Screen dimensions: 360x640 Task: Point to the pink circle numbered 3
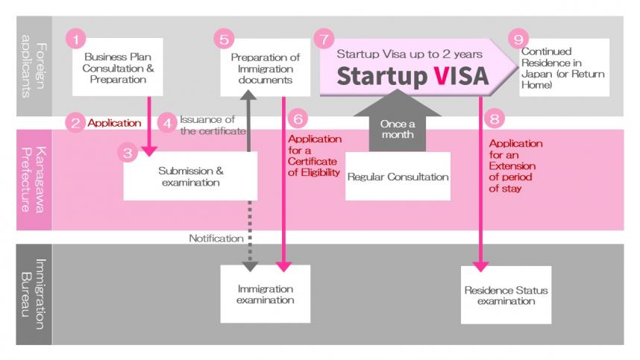128,154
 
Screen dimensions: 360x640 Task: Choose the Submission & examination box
190,176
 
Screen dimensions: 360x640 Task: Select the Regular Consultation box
398,177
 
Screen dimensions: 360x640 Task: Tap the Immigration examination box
265,294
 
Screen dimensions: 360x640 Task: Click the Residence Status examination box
506,295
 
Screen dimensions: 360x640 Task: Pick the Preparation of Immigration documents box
266,69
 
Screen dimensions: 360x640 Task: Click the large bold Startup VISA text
412,76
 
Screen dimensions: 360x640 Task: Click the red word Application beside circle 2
114,124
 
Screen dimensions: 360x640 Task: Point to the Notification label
216,239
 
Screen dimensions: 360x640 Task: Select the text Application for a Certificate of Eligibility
313,156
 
